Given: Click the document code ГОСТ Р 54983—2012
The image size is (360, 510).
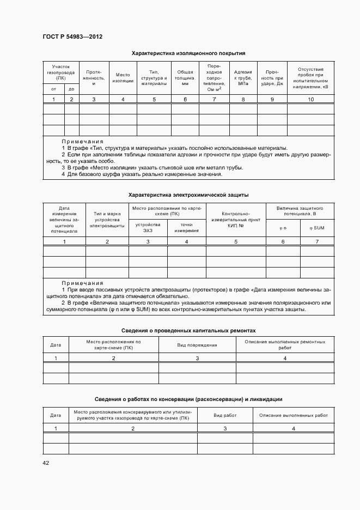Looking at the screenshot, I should (x=72, y=37).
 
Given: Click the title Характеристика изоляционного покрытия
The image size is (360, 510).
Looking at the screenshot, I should (x=188, y=53).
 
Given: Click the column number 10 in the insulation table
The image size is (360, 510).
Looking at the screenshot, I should (x=311, y=99).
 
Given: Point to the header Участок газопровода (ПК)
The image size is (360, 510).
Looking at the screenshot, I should (x=61, y=72).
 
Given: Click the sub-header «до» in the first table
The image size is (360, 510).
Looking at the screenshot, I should (x=71, y=88).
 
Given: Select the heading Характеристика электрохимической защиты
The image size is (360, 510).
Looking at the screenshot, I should (x=188, y=195).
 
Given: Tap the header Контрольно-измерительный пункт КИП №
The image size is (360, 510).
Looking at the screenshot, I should (x=236, y=220).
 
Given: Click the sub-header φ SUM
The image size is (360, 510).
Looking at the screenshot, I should (x=317, y=228).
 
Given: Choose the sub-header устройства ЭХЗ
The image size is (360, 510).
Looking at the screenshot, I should (x=148, y=228).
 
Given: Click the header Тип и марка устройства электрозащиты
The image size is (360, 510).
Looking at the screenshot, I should (x=107, y=220).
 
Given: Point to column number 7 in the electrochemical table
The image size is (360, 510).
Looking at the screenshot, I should (x=317, y=241).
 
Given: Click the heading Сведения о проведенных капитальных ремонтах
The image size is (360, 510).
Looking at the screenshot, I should (x=188, y=331).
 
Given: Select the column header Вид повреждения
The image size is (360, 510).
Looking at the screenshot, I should (x=197, y=345).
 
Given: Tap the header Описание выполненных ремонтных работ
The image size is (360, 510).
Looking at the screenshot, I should (x=285, y=345).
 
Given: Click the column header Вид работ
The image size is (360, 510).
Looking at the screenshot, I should (x=225, y=415).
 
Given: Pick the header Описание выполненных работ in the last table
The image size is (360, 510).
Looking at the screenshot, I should (x=294, y=415).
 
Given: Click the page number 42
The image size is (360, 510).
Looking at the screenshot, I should (x=46, y=463).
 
